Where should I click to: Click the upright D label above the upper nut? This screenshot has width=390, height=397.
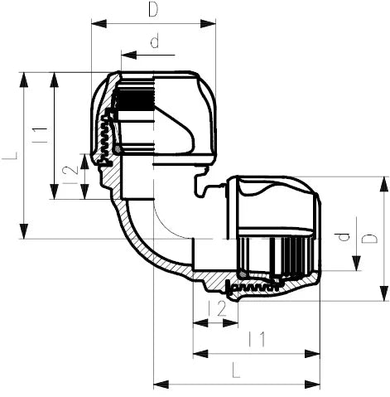(152, 10)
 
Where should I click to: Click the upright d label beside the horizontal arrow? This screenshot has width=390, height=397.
(154, 41)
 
